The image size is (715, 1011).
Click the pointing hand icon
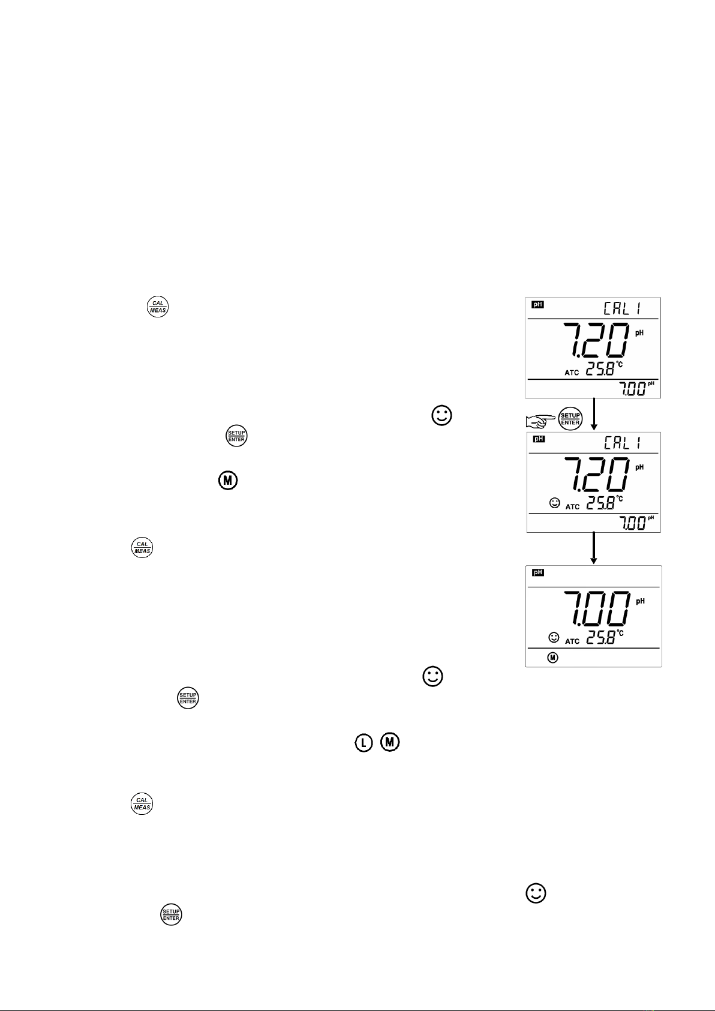click(x=540, y=421)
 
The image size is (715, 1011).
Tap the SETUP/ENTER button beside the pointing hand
click(x=570, y=419)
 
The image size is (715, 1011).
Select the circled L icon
click(x=363, y=743)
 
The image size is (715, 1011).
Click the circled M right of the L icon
click(x=390, y=742)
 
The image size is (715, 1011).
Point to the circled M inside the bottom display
click(x=552, y=658)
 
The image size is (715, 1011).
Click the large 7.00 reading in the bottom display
click(x=597, y=608)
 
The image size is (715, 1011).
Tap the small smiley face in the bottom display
click(x=554, y=637)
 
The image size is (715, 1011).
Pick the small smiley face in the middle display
click(x=555, y=503)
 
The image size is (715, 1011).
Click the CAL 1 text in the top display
click(x=623, y=309)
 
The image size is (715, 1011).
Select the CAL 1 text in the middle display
click(x=623, y=443)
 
